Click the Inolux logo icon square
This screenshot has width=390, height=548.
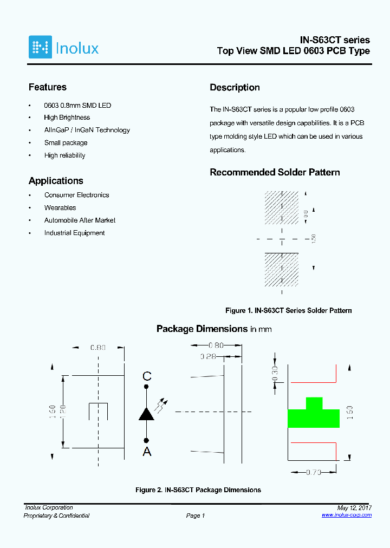[x=40, y=47]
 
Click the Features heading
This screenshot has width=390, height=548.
[x=48, y=87]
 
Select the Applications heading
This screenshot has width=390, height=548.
[x=56, y=181]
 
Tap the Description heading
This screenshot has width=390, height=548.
[x=235, y=88]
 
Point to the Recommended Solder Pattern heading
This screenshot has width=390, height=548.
[x=275, y=172]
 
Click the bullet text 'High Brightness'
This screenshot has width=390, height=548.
[x=67, y=118]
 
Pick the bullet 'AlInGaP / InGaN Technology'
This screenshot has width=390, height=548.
[x=87, y=130]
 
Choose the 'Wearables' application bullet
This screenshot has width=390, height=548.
[x=60, y=208]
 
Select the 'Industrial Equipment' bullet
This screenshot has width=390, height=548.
[x=75, y=233]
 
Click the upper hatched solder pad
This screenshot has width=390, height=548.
[x=281, y=207]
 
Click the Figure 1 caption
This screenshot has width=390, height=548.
[x=289, y=311]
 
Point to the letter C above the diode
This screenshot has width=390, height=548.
[x=147, y=376]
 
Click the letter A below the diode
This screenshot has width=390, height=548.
[x=147, y=452]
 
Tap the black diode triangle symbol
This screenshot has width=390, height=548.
[x=146, y=414]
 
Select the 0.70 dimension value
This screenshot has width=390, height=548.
[x=313, y=472]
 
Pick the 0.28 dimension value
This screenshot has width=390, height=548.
[x=208, y=356]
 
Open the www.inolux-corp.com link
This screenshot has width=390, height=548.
[x=347, y=515]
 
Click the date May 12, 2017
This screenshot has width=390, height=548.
[x=354, y=508]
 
